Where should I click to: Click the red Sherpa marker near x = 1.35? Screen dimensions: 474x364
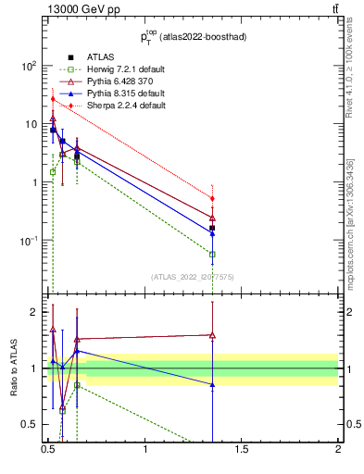click(212, 198)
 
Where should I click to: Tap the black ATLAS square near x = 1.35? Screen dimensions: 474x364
click(212, 228)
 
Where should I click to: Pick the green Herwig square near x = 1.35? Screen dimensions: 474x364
click(212, 254)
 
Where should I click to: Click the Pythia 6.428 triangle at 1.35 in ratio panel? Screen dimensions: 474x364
click(212, 335)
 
